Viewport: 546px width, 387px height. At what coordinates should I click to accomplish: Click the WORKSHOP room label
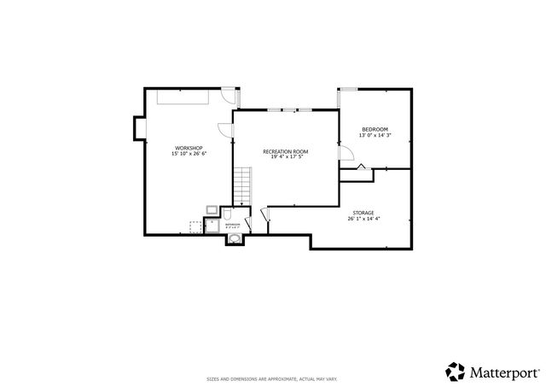188,148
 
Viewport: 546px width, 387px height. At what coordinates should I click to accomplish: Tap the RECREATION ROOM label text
285,151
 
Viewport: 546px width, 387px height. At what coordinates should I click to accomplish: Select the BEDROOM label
375,130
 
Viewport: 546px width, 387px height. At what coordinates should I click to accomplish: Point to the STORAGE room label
363,213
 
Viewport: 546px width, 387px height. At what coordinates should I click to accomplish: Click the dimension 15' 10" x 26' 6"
188,154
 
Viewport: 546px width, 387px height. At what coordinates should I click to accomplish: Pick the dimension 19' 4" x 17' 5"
285,157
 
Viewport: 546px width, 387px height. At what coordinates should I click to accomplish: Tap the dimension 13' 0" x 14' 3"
375,136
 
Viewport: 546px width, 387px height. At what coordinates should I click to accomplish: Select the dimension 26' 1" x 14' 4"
363,219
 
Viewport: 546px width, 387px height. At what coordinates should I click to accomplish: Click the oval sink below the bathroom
234,240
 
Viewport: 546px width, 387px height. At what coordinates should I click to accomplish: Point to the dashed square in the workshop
195,226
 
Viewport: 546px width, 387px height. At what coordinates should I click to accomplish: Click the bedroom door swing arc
346,152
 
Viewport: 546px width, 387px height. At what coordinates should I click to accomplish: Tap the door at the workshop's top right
228,97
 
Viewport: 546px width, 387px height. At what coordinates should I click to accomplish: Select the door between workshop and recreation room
225,129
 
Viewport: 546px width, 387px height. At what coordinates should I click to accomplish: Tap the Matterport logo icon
455,371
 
